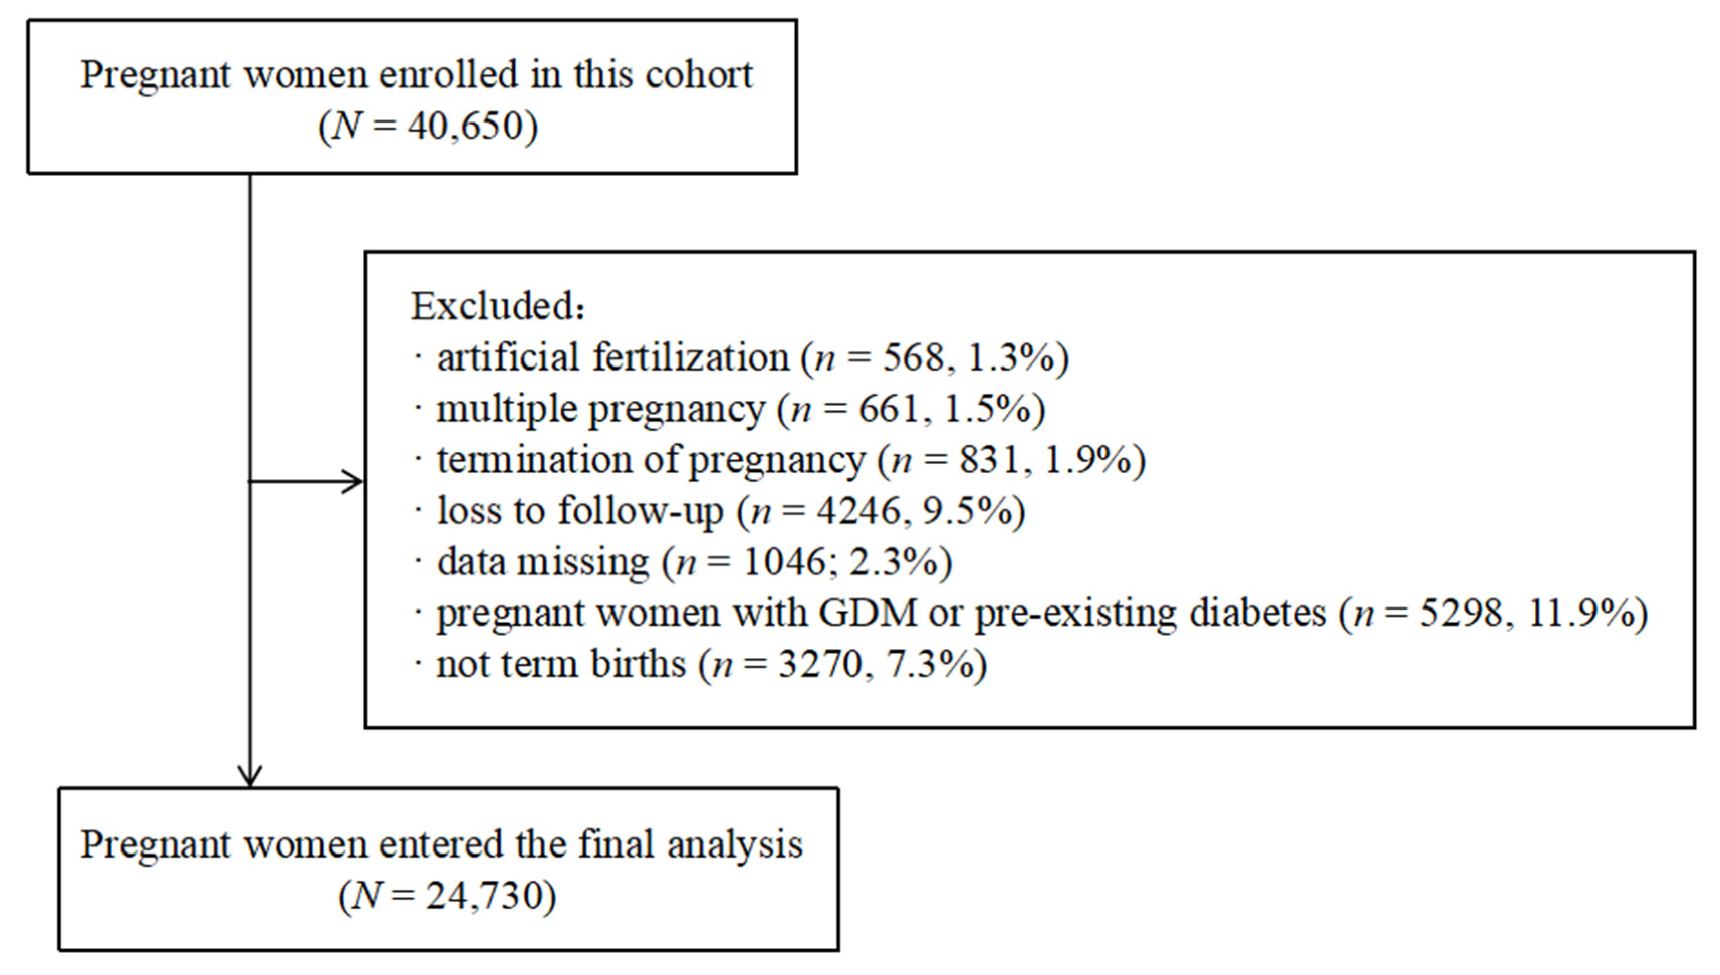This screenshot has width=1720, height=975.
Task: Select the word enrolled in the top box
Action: pos(449,74)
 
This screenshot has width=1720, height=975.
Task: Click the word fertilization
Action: pos(690,357)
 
